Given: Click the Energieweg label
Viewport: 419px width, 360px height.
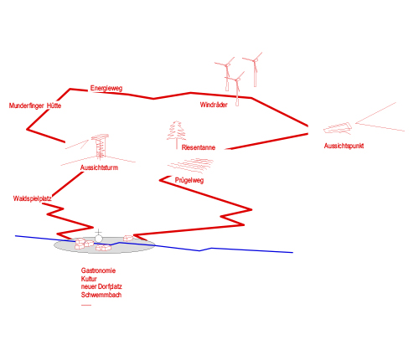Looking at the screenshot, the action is (106, 89).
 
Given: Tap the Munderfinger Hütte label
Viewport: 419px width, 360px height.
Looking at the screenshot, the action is (35, 105).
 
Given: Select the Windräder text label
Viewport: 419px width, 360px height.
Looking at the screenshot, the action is (214, 105).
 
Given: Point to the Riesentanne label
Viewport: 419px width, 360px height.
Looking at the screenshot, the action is (199, 147).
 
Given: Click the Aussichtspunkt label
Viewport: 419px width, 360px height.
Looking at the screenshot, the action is (344, 146).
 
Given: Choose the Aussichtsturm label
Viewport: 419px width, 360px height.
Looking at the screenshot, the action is (99, 167).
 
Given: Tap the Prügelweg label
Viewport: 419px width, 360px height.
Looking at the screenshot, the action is (189, 180).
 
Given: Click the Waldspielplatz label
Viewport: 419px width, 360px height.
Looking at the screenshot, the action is (33, 198).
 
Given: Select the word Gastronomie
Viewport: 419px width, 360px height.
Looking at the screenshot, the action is (98, 270).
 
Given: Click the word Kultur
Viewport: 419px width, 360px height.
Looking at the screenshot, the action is (89, 279).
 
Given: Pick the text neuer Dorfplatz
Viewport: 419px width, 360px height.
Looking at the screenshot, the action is (101, 286).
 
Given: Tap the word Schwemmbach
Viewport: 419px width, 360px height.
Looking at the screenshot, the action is (101, 295).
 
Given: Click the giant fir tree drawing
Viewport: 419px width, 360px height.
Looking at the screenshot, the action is (176, 134).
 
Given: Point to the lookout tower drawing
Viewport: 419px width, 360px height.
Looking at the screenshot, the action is (100, 147).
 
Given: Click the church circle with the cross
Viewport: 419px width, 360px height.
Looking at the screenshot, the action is (99, 239).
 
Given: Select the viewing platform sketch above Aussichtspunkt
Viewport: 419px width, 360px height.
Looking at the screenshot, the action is (338, 128).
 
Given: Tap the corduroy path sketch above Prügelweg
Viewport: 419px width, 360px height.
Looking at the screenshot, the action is (190, 165).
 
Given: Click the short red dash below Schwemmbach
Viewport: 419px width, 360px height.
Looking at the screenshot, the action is (86, 305).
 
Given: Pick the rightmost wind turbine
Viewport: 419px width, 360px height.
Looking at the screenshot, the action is (254, 69).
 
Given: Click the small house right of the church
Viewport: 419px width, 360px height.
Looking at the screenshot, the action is (128, 238).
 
